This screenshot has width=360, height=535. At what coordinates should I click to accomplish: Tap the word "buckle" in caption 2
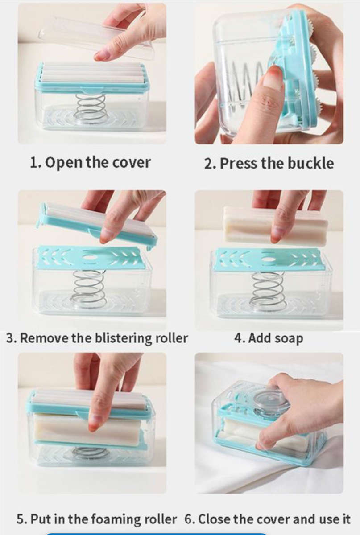[311, 163]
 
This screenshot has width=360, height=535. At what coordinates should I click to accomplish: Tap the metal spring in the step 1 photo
[91, 108]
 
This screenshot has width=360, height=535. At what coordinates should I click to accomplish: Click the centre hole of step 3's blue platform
[90, 257]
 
